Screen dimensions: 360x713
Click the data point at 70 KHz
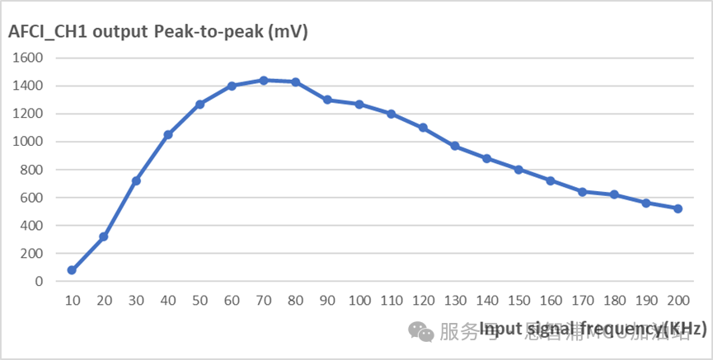264,80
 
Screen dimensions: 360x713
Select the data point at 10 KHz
72,270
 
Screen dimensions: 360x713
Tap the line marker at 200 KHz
678,208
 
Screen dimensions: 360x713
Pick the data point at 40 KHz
167,134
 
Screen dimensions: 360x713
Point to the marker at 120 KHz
423,128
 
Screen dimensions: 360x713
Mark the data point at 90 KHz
327,100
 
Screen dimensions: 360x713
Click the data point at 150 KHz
518,170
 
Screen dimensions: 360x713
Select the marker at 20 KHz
104,236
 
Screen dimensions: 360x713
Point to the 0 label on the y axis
39,281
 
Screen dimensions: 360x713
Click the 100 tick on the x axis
359,302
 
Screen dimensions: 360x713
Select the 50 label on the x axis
199,302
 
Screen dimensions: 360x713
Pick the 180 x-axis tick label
614,302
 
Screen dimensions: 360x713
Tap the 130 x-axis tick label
454,302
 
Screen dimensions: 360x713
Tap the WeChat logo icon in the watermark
423,331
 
